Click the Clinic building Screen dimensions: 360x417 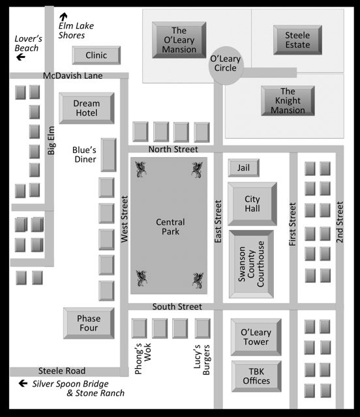[96, 55]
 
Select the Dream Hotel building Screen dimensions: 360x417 [87, 108]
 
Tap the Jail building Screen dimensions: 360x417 [244, 168]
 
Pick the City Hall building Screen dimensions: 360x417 [252, 204]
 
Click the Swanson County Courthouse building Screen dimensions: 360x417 [251, 264]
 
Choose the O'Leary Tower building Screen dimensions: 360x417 [256, 337]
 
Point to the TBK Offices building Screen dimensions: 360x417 [256, 376]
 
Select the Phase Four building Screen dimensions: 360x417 [89, 323]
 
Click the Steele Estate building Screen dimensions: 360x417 [297, 40]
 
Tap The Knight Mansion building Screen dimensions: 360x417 [288, 101]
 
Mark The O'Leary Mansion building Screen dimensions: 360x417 [179, 40]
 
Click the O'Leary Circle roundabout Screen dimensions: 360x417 [226, 65]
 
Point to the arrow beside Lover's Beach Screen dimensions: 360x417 [21, 57]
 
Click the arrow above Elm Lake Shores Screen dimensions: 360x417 [63, 16]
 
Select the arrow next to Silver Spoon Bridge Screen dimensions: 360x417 [23, 383]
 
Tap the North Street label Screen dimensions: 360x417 [173, 149]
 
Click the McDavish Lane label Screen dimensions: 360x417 [72, 76]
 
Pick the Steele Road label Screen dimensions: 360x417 [62, 371]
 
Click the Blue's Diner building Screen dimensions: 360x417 [108, 155]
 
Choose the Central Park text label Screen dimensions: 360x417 [170, 227]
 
